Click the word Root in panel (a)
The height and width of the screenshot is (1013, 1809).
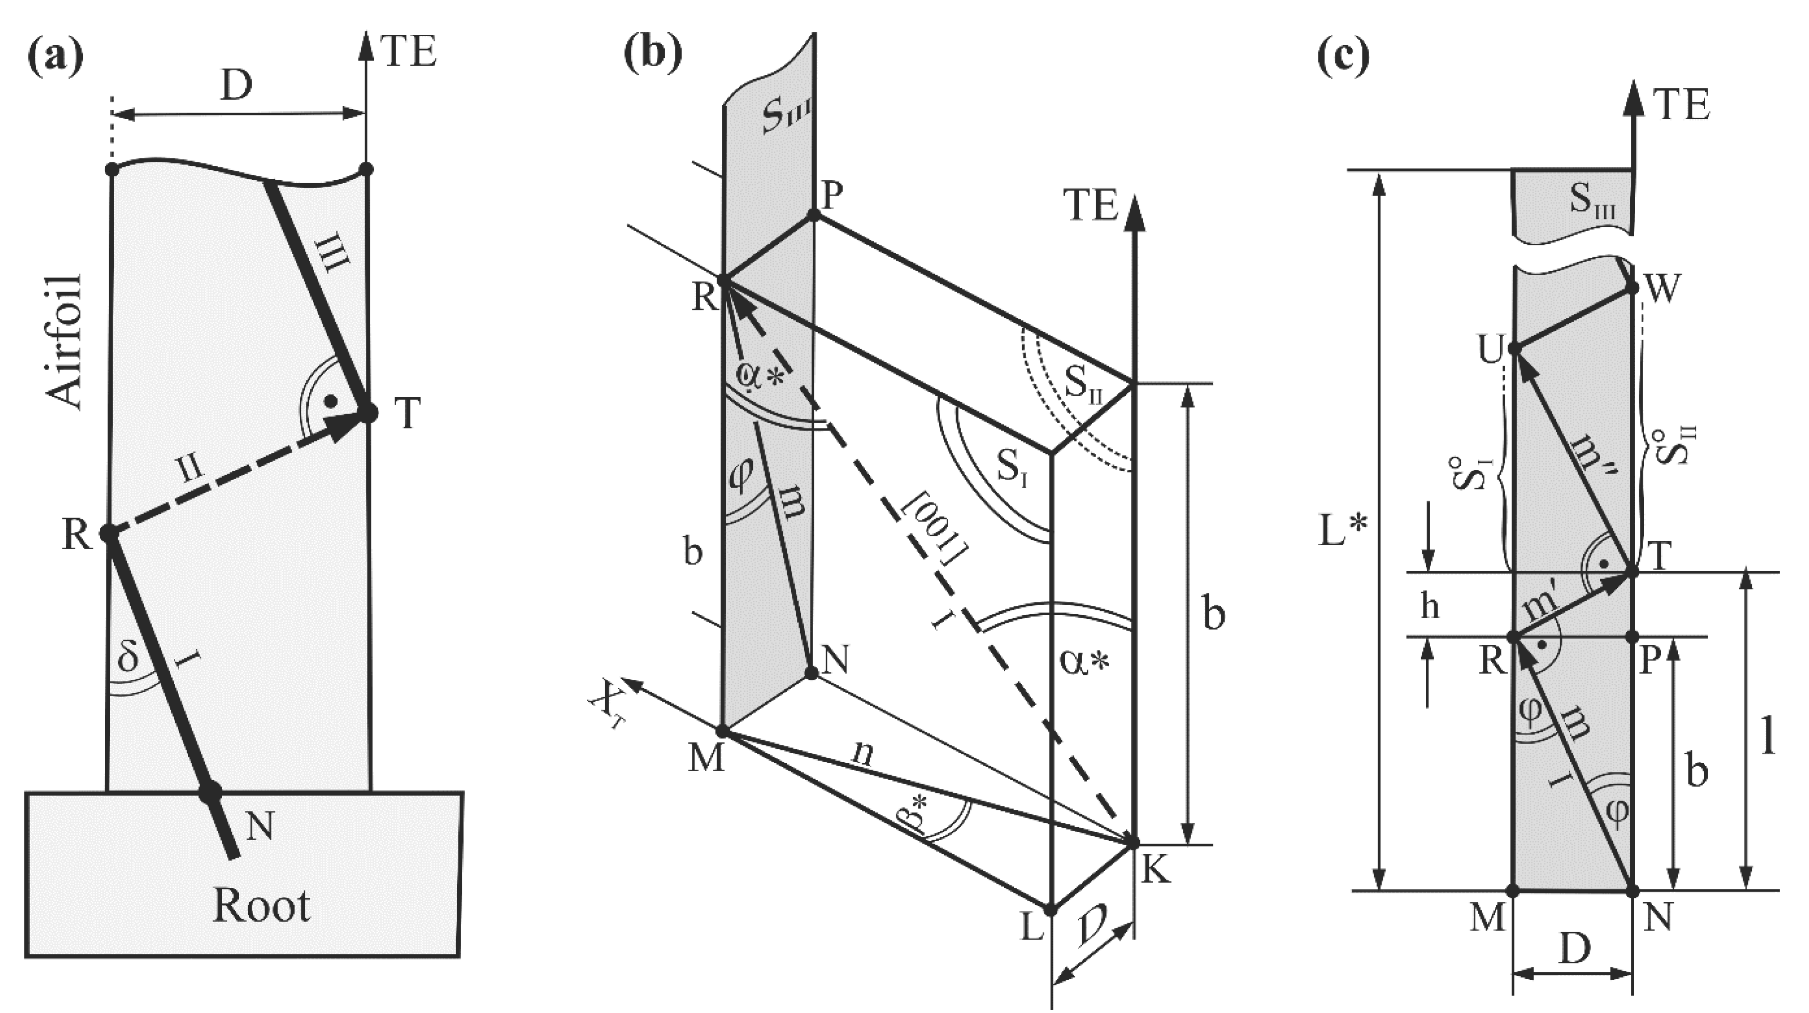tap(261, 906)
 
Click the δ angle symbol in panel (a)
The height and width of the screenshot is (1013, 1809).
tap(128, 658)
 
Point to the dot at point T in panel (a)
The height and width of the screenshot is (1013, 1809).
tap(367, 412)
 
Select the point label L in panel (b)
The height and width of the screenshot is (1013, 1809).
tap(1032, 929)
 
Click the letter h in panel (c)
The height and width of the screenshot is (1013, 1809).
tap(1430, 605)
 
